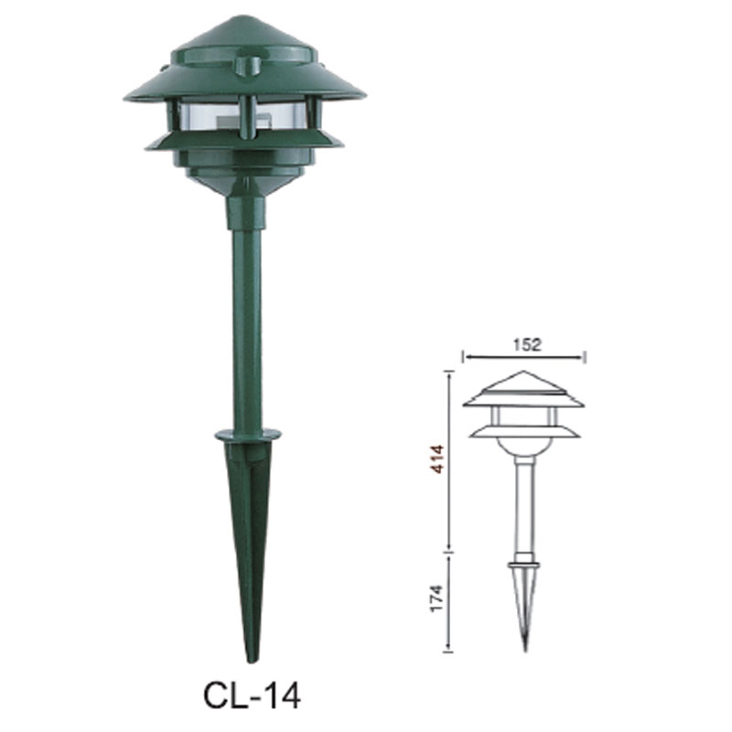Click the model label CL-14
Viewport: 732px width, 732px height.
point(251,694)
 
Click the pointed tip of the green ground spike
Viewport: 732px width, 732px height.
point(252,657)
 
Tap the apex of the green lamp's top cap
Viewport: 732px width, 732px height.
point(242,19)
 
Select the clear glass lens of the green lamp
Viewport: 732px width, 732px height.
point(210,117)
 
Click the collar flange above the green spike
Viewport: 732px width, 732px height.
point(248,434)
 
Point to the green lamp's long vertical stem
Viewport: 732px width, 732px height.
point(247,329)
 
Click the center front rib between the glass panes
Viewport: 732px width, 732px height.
point(245,117)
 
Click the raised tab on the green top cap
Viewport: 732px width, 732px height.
point(245,65)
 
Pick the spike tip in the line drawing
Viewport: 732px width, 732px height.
point(524,648)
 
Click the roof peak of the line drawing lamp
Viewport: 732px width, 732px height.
point(523,372)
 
